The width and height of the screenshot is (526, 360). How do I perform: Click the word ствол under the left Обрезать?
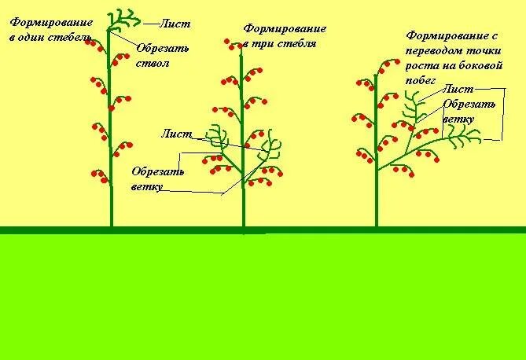[x=153, y=63]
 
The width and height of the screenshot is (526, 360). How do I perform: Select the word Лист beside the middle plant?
[x=176, y=134]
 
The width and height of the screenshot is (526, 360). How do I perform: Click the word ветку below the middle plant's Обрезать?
[x=147, y=186]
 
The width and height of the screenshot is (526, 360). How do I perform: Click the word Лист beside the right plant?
[x=458, y=90]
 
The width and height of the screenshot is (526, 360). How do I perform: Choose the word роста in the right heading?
[x=421, y=66]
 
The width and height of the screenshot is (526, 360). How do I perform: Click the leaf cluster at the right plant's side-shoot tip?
[x=464, y=138]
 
